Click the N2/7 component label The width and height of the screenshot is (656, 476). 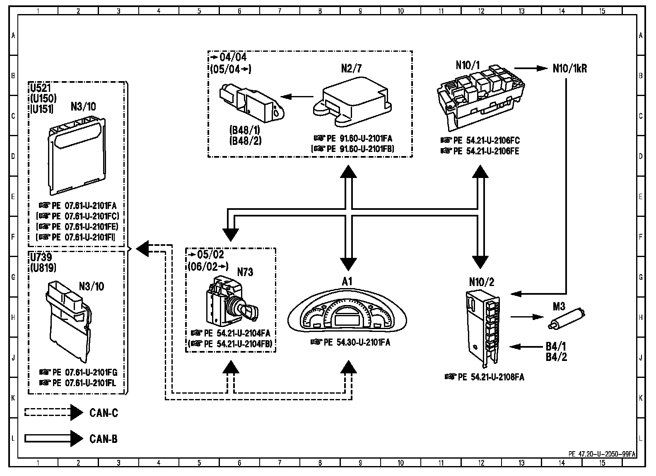(x=351, y=69)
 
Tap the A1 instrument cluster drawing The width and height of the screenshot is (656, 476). (x=347, y=314)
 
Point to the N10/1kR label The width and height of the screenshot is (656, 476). (x=569, y=69)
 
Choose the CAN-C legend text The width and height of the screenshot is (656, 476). (x=104, y=413)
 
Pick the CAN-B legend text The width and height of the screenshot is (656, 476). (x=104, y=439)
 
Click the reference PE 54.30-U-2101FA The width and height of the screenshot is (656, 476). (x=350, y=343)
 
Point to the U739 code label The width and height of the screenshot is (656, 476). (x=41, y=257)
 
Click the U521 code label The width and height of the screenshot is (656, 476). (x=40, y=88)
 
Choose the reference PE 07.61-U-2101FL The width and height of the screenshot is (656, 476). (x=83, y=383)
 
